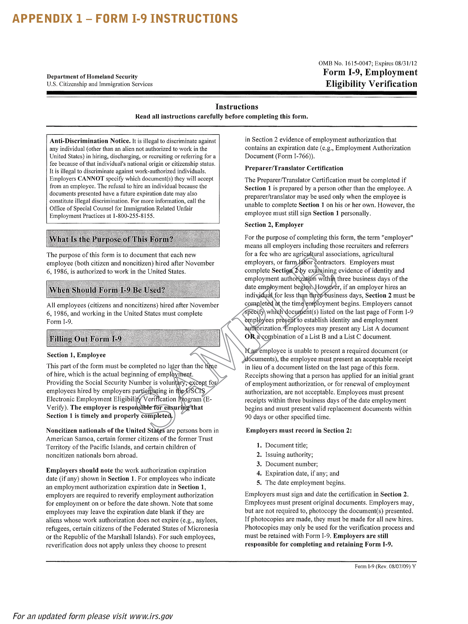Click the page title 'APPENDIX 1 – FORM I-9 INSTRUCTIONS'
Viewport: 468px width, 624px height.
pyautogui.click(x=125, y=19)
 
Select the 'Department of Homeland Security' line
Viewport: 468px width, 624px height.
pyautogui.click(x=92, y=77)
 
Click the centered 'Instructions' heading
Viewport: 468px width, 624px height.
pyautogui.click(x=237, y=107)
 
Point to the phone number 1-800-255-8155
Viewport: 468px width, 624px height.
pyautogui.click(x=133, y=216)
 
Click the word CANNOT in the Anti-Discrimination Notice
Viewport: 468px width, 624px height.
pyautogui.click(x=91, y=179)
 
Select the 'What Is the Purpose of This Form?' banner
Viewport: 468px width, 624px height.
pyautogui.click(x=133, y=239)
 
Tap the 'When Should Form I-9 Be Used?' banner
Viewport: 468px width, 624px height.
pyautogui.click(x=133, y=289)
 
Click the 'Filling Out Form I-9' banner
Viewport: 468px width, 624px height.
pyautogui.click(x=133, y=338)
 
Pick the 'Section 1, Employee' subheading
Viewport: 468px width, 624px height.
pyautogui.click(x=76, y=355)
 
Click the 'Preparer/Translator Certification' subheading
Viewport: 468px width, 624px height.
pyautogui.click(x=294, y=168)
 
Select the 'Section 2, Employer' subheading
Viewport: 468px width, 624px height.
pyautogui.click(x=274, y=225)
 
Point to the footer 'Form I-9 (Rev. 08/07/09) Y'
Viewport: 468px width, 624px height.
pyautogui.click(x=385, y=566)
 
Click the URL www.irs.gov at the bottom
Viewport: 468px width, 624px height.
pyautogui.click(x=151, y=616)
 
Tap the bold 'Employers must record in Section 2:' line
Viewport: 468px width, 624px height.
pyautogui.click(x=299, y=430)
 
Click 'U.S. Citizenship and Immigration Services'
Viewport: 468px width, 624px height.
pyautogui.click(x=100, y=84)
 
